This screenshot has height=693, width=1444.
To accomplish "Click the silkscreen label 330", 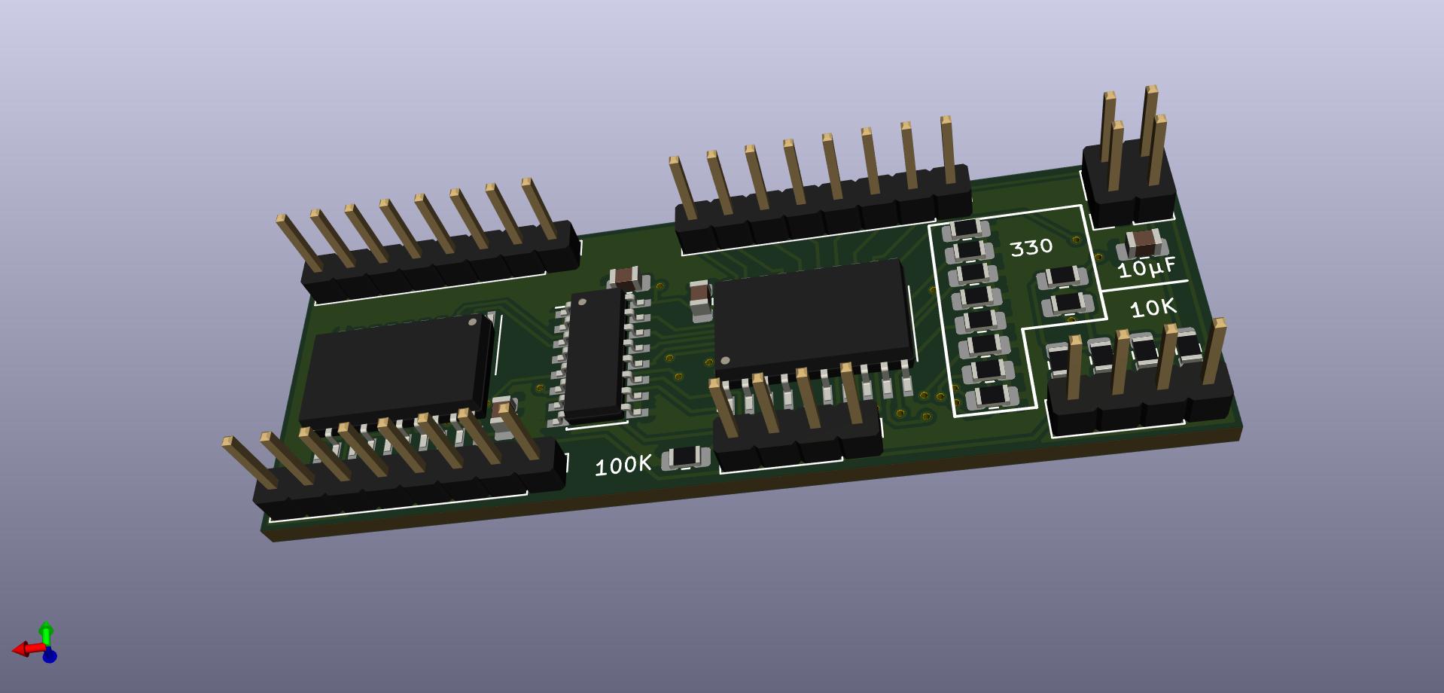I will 1031,247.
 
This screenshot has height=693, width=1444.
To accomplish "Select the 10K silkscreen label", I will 1153,307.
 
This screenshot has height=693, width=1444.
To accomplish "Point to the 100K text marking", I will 623,466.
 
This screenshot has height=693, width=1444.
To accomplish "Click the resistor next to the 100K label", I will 685,457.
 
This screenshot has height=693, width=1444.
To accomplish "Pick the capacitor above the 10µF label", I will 1144,243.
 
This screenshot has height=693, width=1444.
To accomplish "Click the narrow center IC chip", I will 595,356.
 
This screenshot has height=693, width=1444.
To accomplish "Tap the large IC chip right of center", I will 813,315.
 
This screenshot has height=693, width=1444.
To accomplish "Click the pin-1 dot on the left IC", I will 473,322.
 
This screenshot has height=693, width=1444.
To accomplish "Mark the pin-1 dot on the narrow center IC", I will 582,302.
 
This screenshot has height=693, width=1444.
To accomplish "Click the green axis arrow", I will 46,633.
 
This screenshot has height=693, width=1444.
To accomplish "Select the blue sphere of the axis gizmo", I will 50,656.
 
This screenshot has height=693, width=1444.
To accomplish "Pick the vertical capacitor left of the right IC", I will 700,298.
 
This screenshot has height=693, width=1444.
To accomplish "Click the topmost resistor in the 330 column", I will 966,229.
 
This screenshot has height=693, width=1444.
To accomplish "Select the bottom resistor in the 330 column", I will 992,395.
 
